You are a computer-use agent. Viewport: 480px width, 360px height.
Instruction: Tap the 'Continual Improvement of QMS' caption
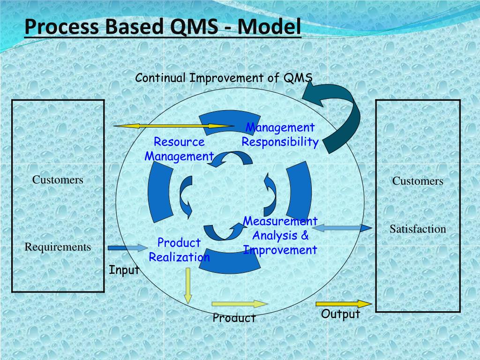[224, 78]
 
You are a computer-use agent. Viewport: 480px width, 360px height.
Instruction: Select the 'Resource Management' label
[179, 149]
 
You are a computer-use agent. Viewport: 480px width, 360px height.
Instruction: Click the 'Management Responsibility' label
[280, 135]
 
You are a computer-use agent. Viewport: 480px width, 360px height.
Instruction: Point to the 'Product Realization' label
[179, 250]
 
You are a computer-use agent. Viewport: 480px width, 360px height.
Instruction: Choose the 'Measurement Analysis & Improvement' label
[280, 235]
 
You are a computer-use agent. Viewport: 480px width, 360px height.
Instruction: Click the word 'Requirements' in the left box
[58, 247]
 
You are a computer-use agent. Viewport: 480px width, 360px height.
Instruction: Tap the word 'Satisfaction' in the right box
[418, 229]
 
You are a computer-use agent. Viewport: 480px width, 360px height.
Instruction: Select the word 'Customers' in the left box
[58, 180]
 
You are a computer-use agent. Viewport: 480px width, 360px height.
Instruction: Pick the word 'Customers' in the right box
[418, 181]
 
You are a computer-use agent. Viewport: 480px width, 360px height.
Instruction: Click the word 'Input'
[124, 270]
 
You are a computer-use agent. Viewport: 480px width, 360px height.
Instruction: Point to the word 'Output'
[340, 314]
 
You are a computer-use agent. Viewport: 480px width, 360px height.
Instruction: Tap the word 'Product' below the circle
[234, 318]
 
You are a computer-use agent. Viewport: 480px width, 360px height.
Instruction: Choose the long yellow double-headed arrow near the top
[173, 126]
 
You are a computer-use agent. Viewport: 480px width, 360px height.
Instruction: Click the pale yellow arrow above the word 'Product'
[240, 304]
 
